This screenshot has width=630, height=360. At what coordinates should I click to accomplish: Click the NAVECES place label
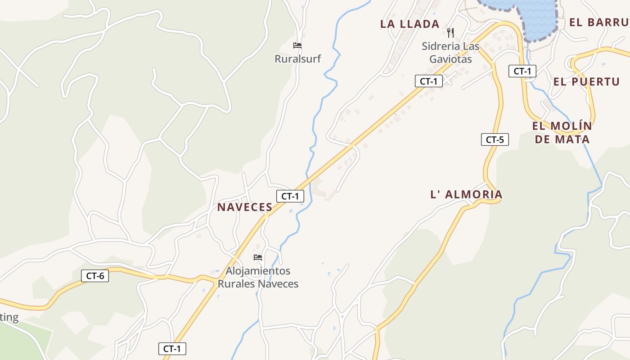click(245, 207)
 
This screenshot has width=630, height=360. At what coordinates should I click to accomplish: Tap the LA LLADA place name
click(409, 24)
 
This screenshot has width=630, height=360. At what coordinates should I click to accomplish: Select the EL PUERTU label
click(586, 81)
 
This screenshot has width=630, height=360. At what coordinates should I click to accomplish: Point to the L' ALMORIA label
click(466, 194)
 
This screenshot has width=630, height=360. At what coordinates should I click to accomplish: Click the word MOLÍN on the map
click(574, 126)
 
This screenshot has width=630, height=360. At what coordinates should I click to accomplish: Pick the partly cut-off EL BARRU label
click(599, 22)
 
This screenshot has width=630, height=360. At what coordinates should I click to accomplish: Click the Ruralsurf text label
click(297, 58)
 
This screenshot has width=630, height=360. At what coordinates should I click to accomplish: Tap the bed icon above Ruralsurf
click(297, 45)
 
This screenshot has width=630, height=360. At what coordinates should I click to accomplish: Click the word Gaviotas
click(450, 59)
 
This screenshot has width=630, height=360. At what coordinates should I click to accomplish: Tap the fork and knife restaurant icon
click(450, 32)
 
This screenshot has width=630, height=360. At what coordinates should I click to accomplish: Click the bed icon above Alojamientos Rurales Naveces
click(258, 257)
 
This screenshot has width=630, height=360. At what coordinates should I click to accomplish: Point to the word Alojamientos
click(258, 271)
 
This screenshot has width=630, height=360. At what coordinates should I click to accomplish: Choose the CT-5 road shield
click(495, 139)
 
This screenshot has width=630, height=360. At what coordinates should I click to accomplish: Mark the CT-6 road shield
click(95, 276)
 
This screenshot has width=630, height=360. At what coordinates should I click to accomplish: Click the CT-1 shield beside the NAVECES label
click(290, 196)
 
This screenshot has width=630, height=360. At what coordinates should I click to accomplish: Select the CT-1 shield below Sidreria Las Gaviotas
click(428, 81)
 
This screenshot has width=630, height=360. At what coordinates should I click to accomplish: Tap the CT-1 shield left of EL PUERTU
click(522, 71)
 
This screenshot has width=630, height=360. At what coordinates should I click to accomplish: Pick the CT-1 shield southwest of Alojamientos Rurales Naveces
click(172, 348)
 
